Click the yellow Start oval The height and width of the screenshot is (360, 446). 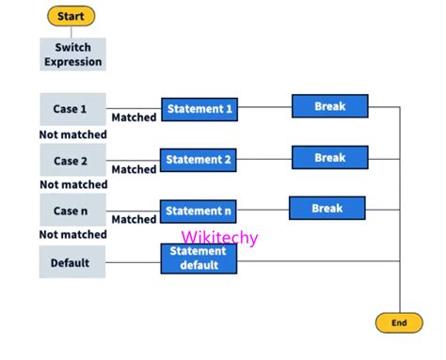71,17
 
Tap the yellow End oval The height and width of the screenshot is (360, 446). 399,322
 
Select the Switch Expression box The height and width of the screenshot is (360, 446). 72,54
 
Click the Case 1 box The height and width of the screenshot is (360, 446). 72,109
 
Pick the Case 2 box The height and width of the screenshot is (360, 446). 72,161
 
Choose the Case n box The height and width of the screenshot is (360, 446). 72,211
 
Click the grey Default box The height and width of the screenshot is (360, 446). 72,262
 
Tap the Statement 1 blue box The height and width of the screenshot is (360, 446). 199,110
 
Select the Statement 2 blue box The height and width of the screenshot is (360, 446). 199,161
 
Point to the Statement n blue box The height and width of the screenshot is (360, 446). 199,211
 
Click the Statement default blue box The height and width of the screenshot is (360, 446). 199,258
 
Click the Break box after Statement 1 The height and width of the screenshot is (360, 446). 329,106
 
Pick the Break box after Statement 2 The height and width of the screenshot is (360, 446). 329,157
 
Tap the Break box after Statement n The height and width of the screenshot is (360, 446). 327,208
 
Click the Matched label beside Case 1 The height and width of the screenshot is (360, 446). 134,118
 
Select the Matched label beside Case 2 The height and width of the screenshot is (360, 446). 134,169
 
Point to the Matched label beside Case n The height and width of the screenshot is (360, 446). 134,220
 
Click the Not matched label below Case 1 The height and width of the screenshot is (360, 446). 72,134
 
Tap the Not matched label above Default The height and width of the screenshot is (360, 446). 72,235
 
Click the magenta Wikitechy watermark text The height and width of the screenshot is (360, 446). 219,238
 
